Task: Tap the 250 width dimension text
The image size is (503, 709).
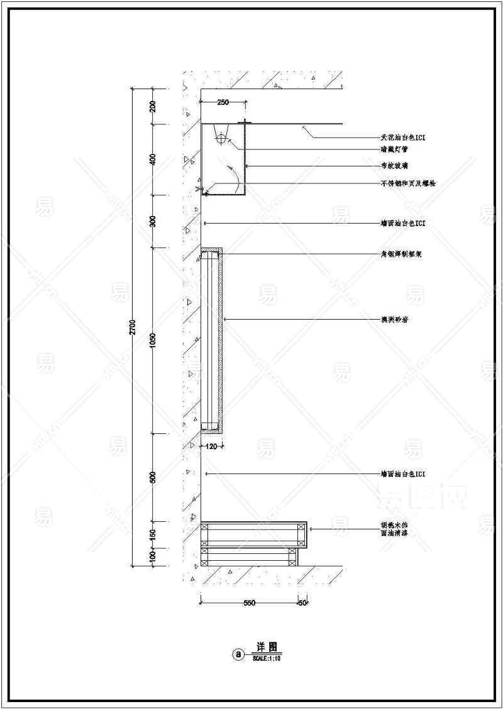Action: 223,102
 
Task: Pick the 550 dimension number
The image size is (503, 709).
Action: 249,603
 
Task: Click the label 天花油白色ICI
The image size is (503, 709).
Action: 403,138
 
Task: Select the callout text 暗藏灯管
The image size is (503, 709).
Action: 394,149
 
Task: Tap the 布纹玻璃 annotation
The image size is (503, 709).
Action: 394,166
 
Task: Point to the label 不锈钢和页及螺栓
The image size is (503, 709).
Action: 407,183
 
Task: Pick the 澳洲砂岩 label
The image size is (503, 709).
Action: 394,320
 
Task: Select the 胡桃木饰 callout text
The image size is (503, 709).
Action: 394,525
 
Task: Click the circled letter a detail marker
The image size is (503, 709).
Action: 238,654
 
